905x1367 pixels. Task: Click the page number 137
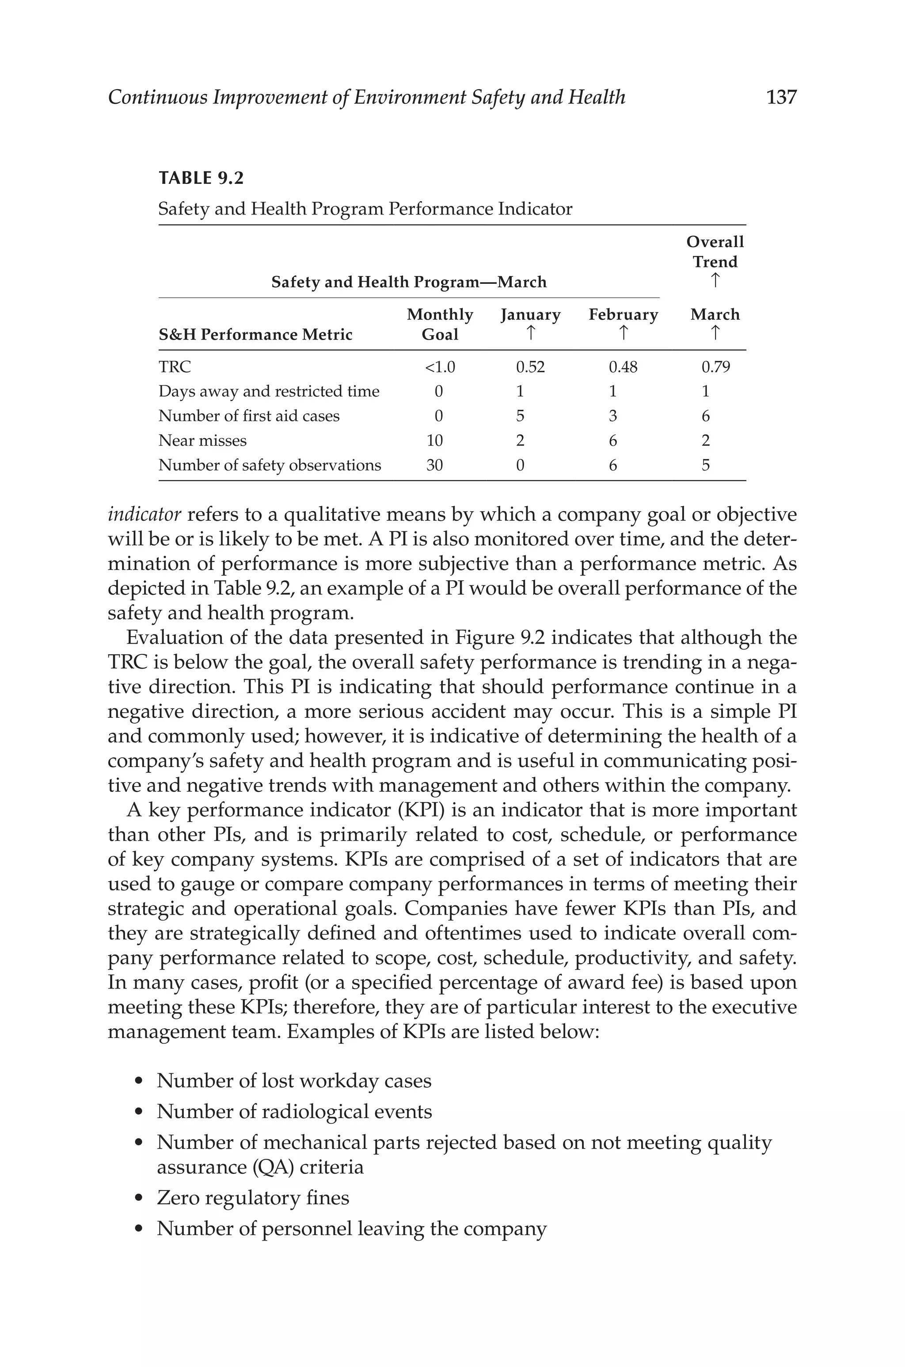pos(781,97)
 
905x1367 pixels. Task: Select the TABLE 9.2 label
pos(201,178)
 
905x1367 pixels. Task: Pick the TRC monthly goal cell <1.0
pos(439,367)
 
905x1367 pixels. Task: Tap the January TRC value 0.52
pos(530,367)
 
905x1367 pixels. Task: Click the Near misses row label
pos(202,441)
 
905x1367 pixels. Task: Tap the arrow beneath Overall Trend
pos(715,281)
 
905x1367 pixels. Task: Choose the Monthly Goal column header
pos(439,324)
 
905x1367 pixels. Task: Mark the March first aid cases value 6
pos(705,416)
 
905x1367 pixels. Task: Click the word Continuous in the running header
pos(157,97)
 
